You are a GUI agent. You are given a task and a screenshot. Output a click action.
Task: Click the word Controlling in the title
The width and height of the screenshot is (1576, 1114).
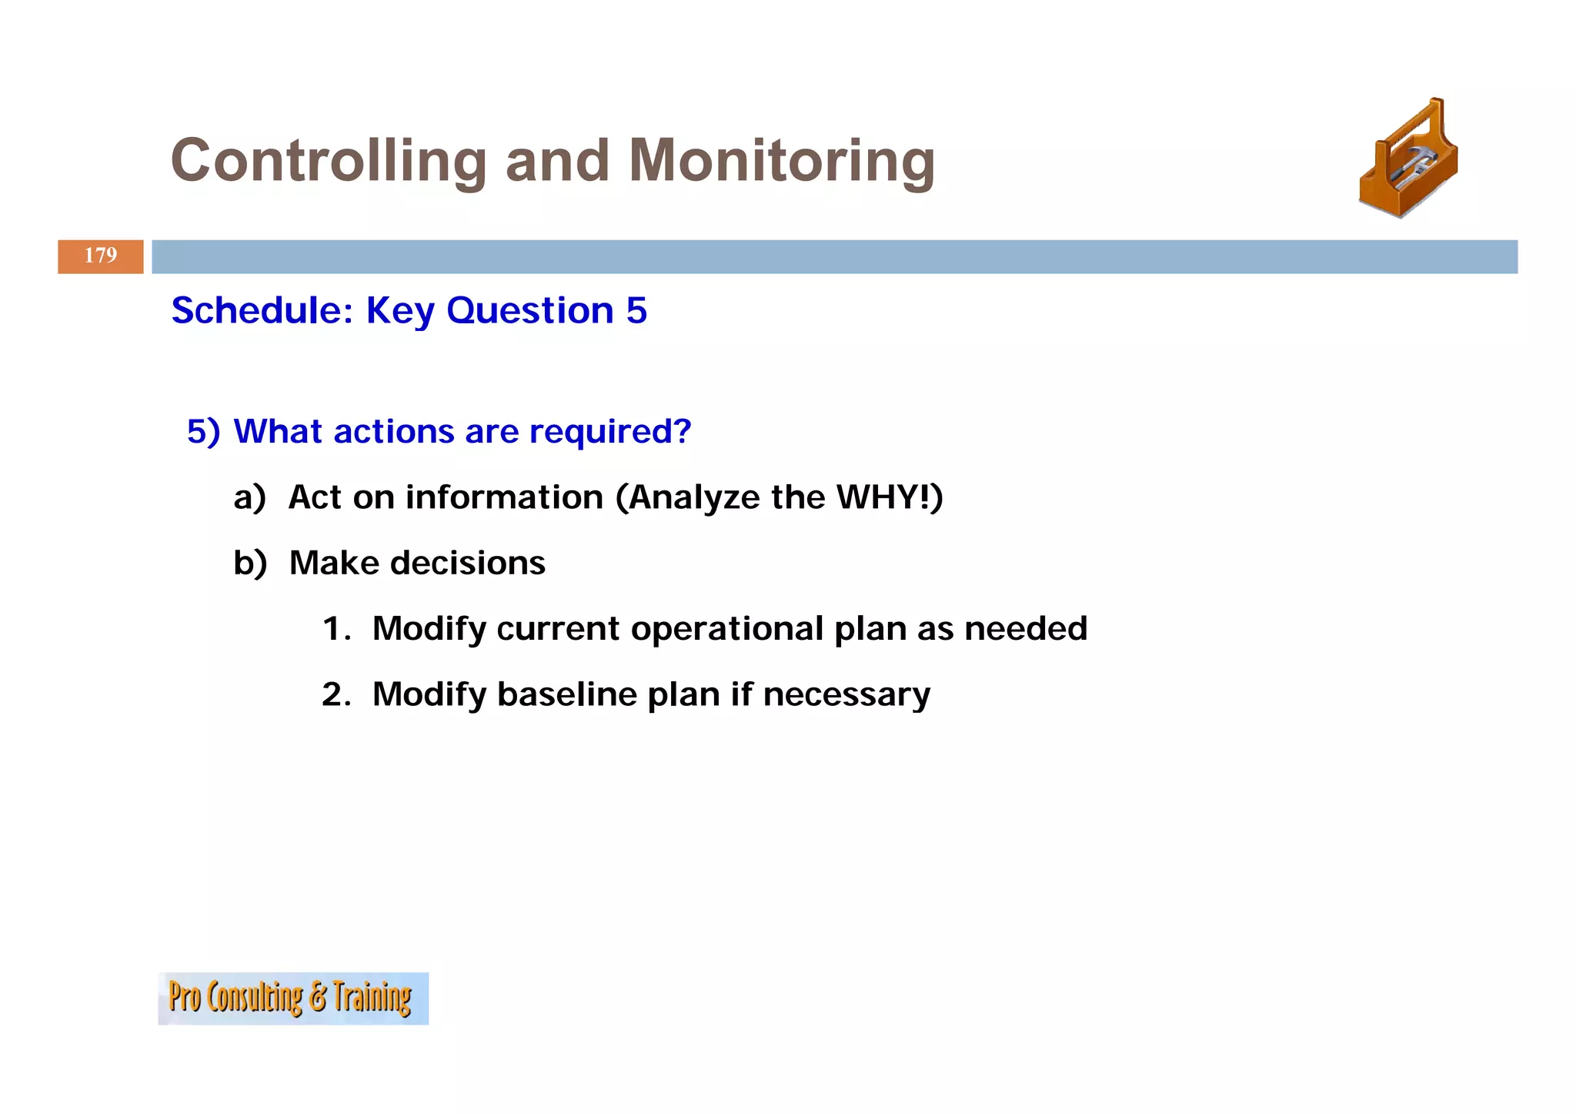click(x=329, y=161)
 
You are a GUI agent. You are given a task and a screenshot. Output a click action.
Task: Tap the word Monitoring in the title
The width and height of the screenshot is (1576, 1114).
click(x=782, y=161)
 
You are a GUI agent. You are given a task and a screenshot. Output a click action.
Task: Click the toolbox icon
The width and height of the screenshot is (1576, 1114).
click(x=1408, y=159)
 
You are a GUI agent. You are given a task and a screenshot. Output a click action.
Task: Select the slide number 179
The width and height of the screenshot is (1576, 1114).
click(x=100, y=256)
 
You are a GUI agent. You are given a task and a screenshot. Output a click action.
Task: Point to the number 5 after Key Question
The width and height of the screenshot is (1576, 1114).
click(x=636, y=310)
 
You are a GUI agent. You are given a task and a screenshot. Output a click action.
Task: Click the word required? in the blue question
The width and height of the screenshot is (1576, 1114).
click(x=611, y=432)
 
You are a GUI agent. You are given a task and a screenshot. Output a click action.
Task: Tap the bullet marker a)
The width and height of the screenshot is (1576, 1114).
click(x=249, y=497)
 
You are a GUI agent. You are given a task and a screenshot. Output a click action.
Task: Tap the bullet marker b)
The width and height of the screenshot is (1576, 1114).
click(x=250, y=563)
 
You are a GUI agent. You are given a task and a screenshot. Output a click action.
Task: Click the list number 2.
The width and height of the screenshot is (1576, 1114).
click(x=336, y=694)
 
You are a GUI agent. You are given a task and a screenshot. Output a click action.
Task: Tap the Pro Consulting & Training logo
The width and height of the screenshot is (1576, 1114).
click(x=292, y=998)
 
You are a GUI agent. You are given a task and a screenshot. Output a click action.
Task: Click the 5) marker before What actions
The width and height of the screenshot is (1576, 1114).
click(x=203, y=432)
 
